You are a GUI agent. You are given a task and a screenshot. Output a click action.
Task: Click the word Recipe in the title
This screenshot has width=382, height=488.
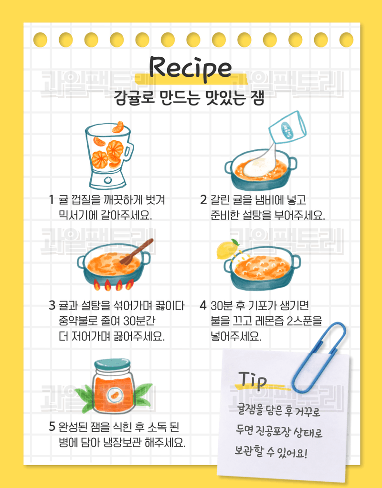(x=191, y=68)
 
